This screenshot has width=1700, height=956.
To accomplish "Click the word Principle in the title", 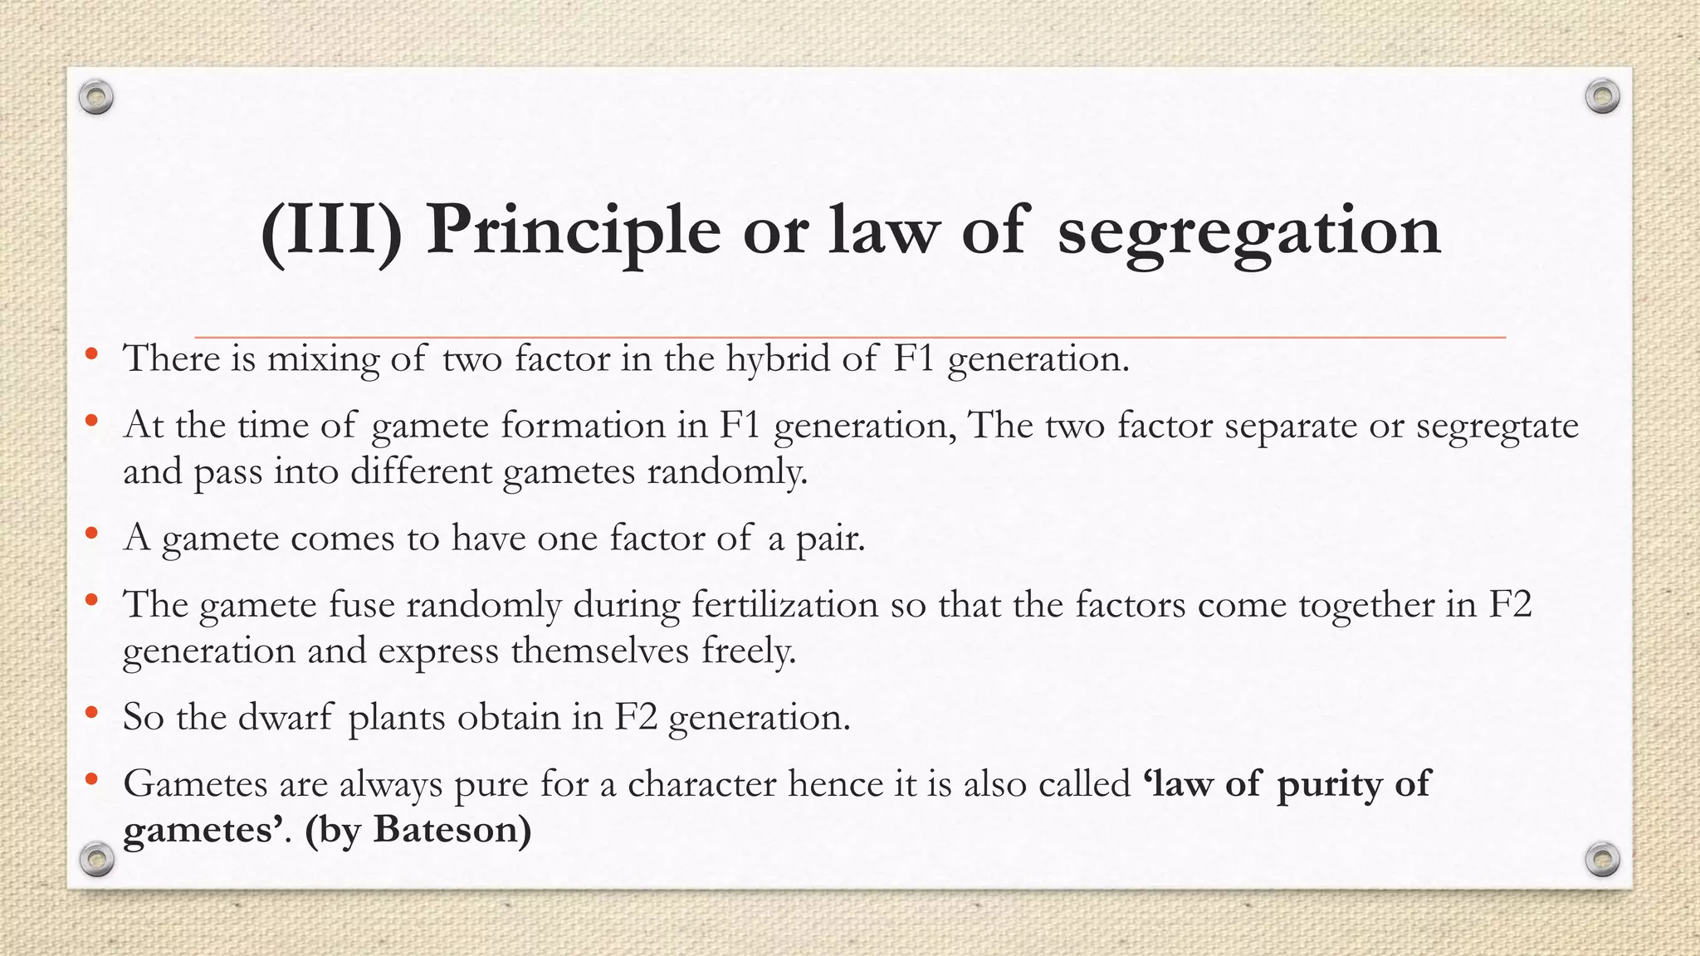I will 572,230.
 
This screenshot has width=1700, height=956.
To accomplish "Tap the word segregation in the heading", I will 1248,230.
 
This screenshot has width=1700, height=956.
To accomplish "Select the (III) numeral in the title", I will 331,230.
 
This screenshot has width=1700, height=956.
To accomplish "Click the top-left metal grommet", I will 96,98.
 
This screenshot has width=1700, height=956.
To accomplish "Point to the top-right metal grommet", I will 1602,97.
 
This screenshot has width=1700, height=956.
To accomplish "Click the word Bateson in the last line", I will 452,829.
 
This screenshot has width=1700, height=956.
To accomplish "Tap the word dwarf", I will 286,716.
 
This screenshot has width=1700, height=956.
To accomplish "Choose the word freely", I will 749,650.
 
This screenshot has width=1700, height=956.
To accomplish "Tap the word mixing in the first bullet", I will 323,359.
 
